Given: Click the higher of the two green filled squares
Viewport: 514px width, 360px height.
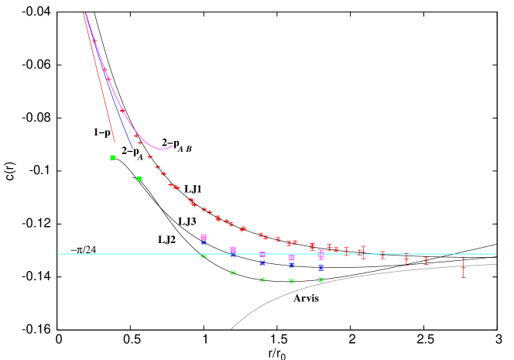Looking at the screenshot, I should point(112,157).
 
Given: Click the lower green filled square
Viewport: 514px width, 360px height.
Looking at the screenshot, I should point(139,179).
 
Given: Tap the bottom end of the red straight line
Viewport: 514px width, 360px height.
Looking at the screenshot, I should point(115,142).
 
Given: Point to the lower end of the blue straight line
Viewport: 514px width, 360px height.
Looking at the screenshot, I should point(132,147).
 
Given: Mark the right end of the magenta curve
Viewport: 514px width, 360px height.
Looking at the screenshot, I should point(173,146).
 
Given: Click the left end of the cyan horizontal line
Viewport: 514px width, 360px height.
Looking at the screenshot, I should point(58,253).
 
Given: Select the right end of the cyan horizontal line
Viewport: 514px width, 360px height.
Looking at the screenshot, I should point(496,253).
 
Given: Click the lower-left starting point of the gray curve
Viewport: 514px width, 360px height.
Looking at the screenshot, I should point(231,329).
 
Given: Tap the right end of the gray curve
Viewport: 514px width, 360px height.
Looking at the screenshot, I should point(496,265).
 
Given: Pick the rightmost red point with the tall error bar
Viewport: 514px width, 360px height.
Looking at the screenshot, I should point(463,268).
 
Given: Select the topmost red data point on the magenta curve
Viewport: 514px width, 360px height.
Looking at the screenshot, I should point(94,40).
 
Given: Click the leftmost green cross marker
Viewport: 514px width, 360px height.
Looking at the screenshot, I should point(204,256).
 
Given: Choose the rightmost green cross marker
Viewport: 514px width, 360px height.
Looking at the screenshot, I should point(320,279).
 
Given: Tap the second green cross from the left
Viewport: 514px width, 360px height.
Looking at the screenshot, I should point(233,273).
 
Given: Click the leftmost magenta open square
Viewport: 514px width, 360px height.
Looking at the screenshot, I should point(204,238).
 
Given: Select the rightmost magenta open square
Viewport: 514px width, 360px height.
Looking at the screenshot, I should point(320,253).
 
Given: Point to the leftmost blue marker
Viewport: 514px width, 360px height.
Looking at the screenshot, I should point(204,242).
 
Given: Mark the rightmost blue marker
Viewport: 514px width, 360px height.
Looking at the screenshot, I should point(320,267).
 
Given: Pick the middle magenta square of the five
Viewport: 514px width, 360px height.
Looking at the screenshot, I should point(262,254).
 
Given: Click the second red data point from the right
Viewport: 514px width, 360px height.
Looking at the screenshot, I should point(426,260).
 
